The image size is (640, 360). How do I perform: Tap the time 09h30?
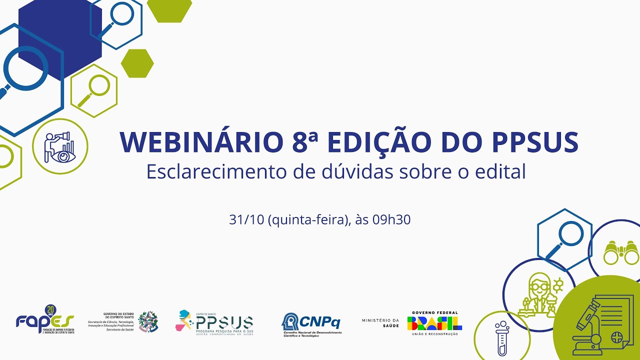[x=391, y=219]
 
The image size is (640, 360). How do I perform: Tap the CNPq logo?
[x=311, y=322]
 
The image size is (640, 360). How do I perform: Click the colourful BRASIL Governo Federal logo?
[x=434, y=322]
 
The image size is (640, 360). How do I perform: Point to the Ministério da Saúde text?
[x=380, y=322]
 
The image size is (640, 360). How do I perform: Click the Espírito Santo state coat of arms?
[x=148, y=322]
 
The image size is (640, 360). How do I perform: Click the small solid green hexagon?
[x=137, y=63]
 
